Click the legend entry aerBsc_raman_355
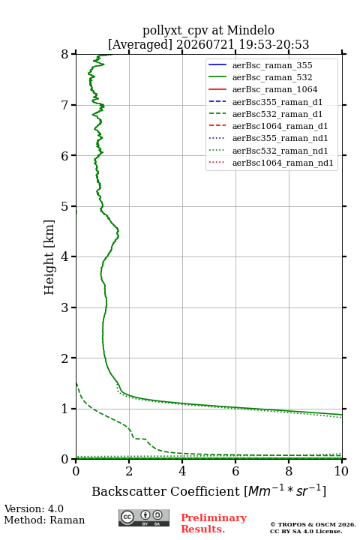click(x=260, y=65)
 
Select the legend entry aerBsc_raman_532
click(x=260, y=77)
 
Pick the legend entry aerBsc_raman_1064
click(x=263, y=89)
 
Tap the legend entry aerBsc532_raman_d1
click(x=265, y=114)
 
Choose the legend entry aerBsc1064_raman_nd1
click(x=271, y=163)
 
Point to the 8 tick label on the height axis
click(x=64, y=54)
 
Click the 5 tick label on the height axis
click(x=64, y=206)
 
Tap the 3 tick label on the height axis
click(x=64, y=307)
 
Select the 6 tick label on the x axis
click(x=235, y=471)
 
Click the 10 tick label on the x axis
click(x=341, y=471)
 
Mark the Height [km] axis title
click(x=49, y=257)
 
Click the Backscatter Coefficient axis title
click(x=208, y=490)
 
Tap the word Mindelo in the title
click(x=250, y=30)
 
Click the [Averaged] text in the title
click(x=139, y=45)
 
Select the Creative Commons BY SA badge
click(x=144, y=517)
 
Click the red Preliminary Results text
click(x=214, y=523)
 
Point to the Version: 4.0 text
click(x=34, y=508)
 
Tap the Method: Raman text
click(x=44, y=520)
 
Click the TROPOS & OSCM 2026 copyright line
click(x=313, y=524)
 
